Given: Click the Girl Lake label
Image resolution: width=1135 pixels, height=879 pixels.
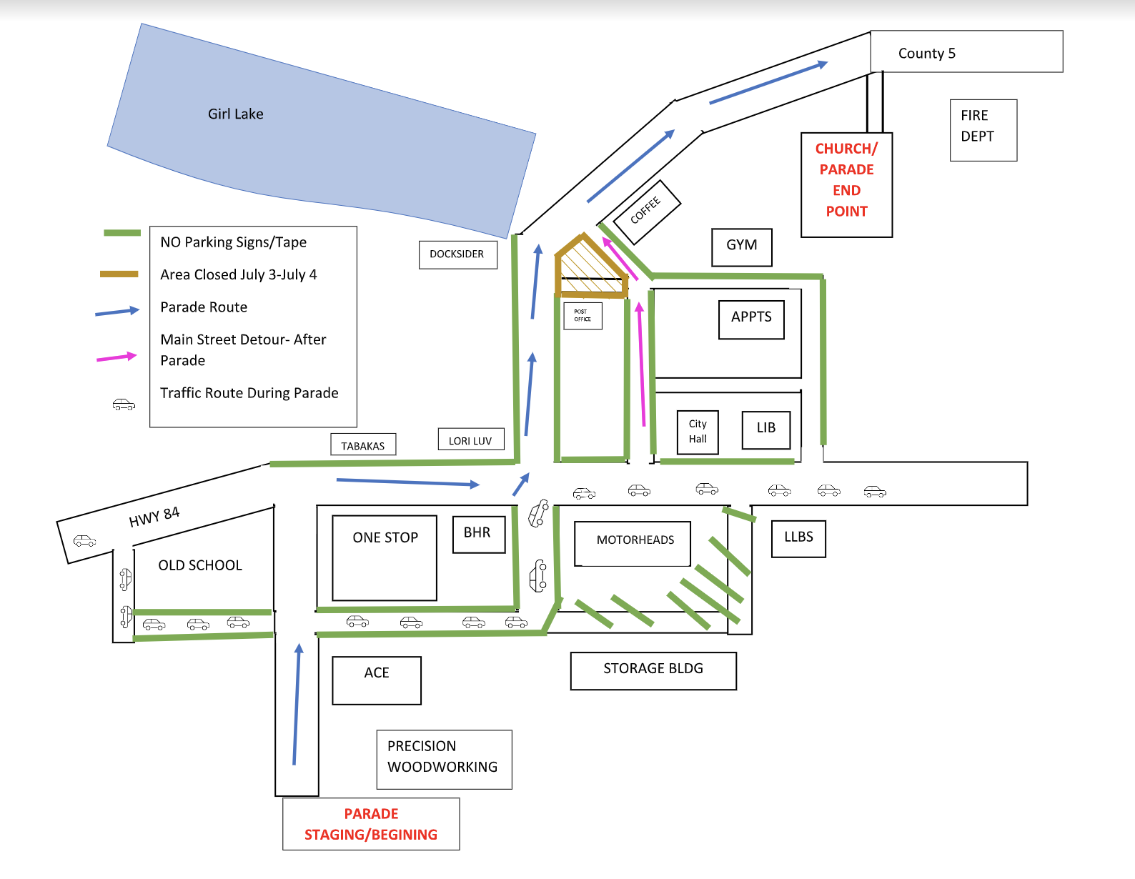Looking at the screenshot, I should tap(235, 114).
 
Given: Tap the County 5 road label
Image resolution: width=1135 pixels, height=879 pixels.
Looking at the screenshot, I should tap(926, 54).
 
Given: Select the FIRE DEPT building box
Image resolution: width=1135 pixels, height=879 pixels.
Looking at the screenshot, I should tap(983, 130).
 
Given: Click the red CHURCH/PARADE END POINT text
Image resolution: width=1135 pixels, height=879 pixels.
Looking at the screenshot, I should tap(846, 180).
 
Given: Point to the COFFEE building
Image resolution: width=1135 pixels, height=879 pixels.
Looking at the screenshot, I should tap(645, 210).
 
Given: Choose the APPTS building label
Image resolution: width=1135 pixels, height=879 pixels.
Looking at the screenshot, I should tap(751, 317).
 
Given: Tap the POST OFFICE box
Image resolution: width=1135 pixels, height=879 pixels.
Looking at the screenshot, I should tap(583, 315).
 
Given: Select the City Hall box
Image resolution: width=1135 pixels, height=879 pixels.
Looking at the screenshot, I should tap(698, 432).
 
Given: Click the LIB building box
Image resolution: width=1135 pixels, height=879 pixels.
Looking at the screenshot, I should tap(765, 428).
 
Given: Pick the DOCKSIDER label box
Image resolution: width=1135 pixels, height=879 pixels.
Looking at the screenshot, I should tap(457, 254).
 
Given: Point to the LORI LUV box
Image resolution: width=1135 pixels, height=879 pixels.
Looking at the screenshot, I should tap(470, 440).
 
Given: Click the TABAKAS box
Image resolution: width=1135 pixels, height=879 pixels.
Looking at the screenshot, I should tap(362, 445).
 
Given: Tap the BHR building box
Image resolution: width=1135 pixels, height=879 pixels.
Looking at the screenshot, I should tap(478, 534).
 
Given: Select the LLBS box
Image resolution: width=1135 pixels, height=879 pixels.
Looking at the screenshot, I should tap(798, 537).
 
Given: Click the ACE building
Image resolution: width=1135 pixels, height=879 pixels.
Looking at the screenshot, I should tap(377, 679).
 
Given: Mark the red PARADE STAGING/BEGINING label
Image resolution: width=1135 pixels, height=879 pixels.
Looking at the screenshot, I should tap(371, 824).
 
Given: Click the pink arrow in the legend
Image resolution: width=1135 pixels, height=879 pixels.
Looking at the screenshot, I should tap(117, 357).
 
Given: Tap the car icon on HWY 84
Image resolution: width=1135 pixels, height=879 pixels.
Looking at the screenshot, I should tap(84, 540).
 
